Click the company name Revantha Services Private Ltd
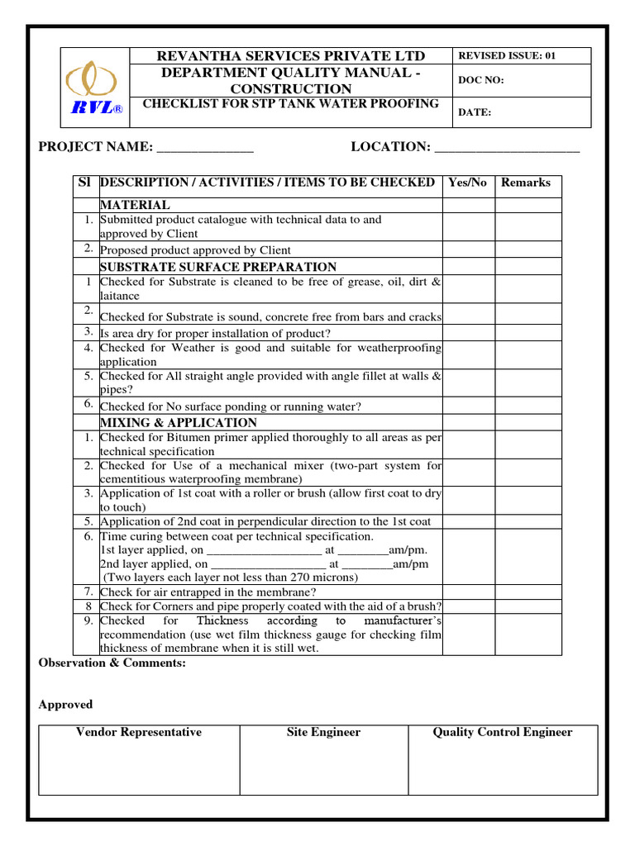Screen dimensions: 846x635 point(291,56)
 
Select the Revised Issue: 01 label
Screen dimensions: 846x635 point(507,56)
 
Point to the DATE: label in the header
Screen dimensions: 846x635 point(475,113)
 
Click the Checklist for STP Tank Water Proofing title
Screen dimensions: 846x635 point(291,103)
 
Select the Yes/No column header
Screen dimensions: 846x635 point(467,183)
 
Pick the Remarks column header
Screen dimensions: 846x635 point(526,183)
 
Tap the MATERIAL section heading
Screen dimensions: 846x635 point(135,205)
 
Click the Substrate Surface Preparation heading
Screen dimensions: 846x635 point(218,267)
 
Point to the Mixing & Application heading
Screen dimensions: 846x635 point(179,422)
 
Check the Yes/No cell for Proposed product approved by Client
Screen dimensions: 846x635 point(468,250)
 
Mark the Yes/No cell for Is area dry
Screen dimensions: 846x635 point(468,333)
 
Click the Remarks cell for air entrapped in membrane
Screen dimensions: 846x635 point(528,592)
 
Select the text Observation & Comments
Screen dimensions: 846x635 point(112,663)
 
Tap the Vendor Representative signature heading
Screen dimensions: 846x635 point(139,732)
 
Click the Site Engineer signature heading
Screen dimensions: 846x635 point(323,732)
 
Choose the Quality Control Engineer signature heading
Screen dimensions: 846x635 point(503,732)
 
